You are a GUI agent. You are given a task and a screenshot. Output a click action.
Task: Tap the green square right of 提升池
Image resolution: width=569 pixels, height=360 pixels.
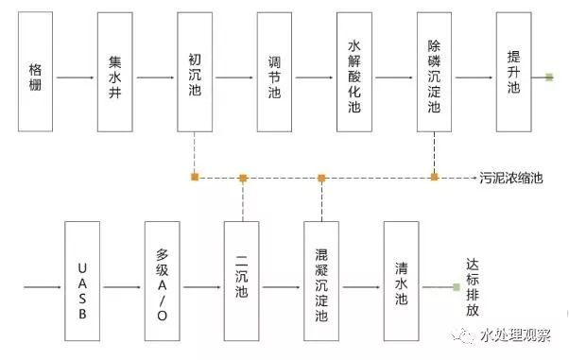(549, 77)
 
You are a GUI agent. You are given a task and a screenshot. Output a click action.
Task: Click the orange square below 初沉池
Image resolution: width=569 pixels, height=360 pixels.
(195, 177)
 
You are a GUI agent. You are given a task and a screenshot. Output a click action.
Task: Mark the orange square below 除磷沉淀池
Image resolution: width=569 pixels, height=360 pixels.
(434, 177)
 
